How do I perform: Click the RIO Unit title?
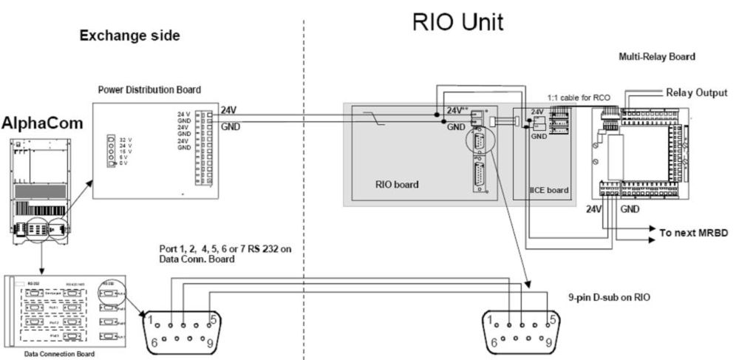click(458, 23)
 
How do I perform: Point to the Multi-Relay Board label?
click(657, 56)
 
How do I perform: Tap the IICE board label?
click(548, 190)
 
